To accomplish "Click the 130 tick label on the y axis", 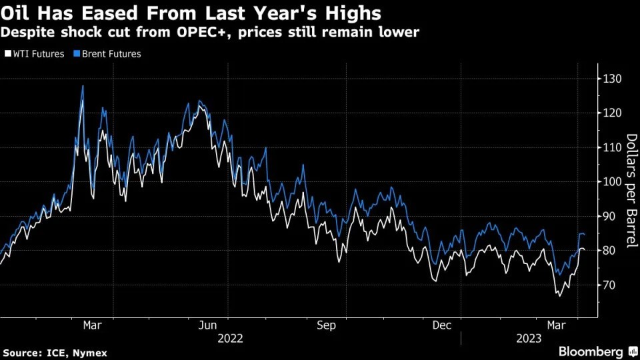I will click(x=612, y=79).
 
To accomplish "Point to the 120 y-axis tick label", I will click(x=612, y=113).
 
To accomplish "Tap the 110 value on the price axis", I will click(x=612, y=147).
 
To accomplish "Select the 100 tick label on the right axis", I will click(x=612, y=181).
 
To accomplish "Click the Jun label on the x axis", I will click(x=208, y=325).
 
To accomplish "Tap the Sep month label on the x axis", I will click(x=326, y=325).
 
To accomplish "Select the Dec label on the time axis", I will click(x=442, y=325).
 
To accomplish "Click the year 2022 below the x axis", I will click(x=230, y=338).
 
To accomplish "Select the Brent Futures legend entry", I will click(x=108, y=54).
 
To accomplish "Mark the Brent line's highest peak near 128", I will click(x=83, y=86).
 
